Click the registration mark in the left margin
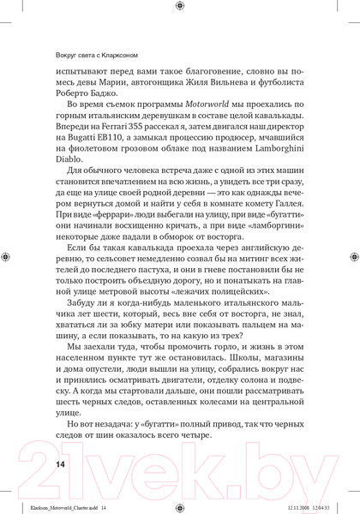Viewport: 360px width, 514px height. click(x=7, y=256)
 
